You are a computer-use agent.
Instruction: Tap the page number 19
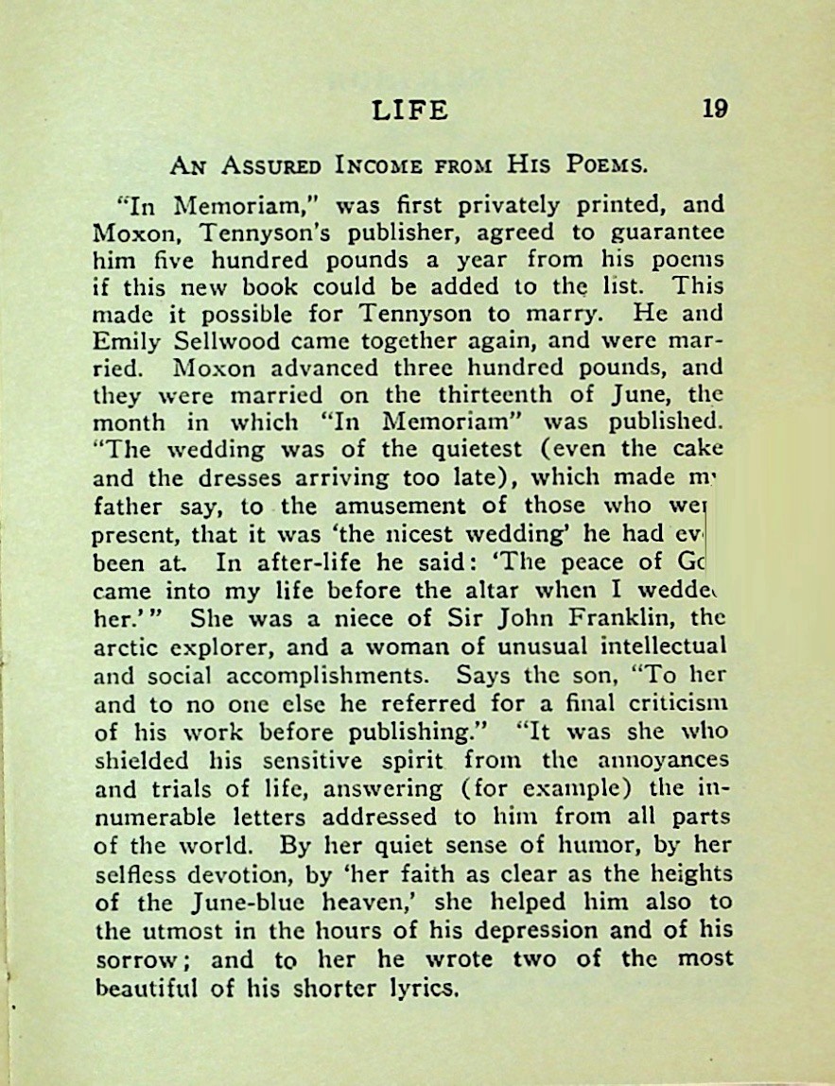click(715, 109)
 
